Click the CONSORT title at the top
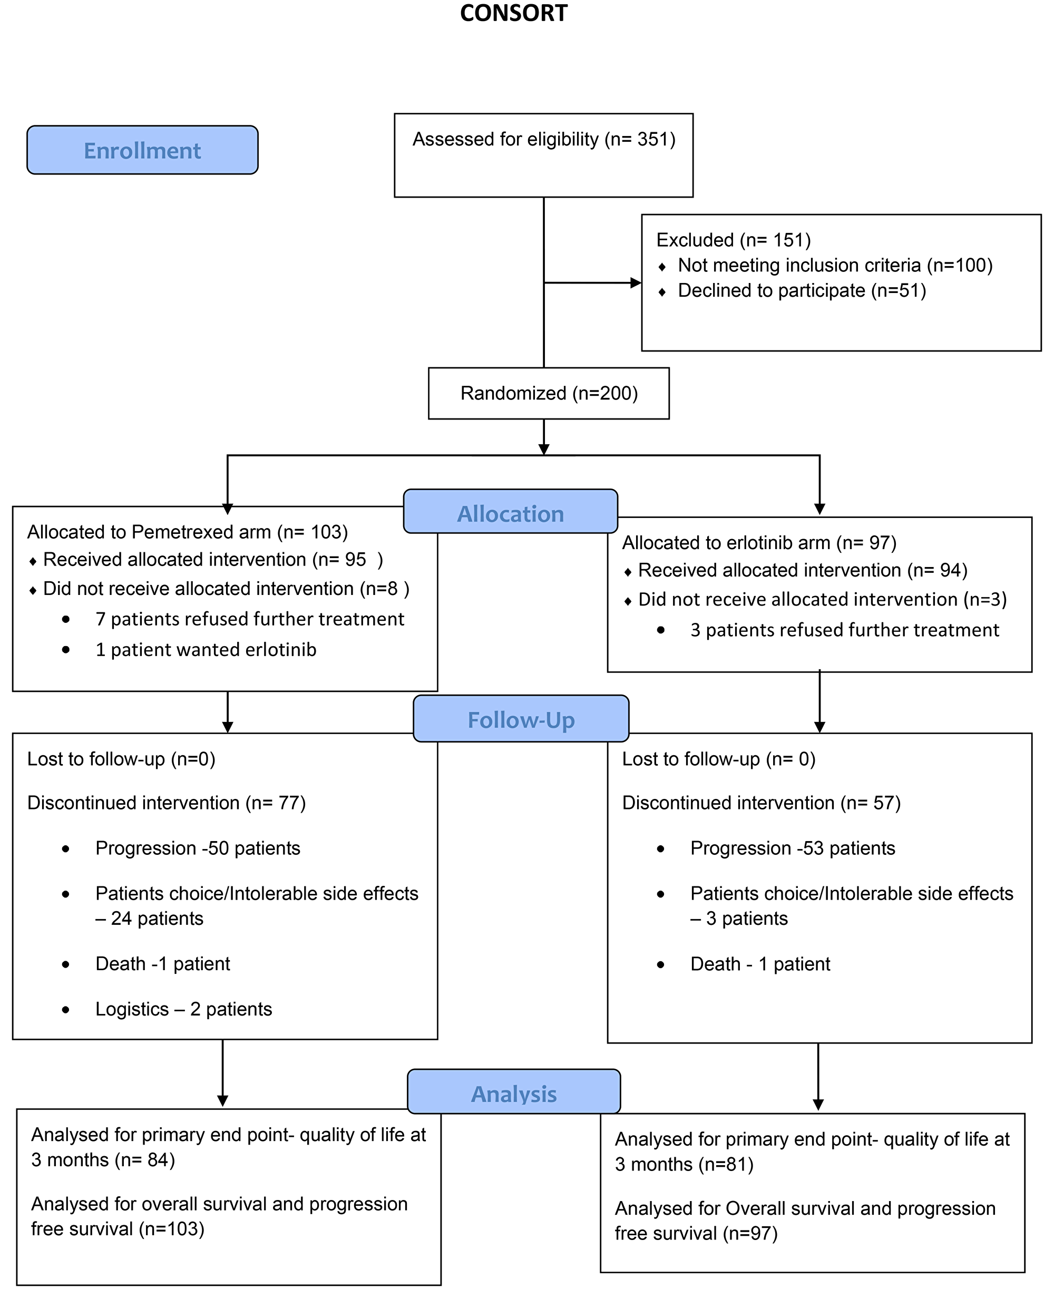point(514,13)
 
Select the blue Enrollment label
point(142,151)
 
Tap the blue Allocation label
point(510,514)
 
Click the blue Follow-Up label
point(520,719)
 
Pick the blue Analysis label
point(514,1094)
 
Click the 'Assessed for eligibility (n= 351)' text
point(544,140)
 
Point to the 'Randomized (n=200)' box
point(549,394)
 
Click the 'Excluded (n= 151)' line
point(734,240)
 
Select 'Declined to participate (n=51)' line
point(802,290)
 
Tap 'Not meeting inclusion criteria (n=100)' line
point(835,265)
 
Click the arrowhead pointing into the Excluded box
point(636,283)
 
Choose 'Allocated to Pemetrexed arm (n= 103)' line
point(188,532)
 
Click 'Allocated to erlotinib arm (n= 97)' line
point(759,543)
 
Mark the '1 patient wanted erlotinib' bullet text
point(206,650)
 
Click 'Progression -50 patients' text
point(198,848)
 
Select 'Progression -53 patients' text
point(792,848)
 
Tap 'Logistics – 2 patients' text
point(183,1009)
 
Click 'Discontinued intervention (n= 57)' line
point(762,803)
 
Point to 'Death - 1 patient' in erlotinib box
point(760,963)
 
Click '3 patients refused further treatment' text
point(844,630)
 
